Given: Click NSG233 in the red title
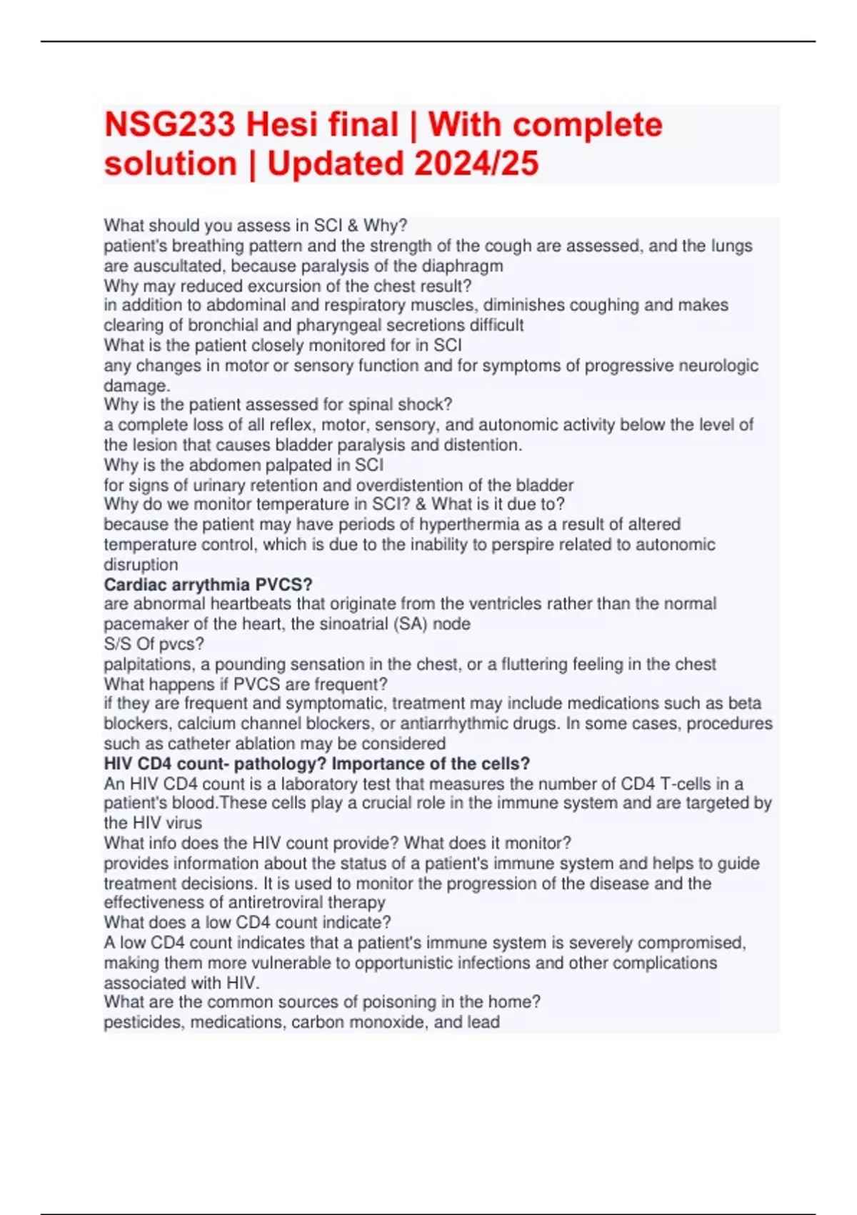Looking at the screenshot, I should point(169,126).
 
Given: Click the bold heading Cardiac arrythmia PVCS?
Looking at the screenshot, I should point(208,585).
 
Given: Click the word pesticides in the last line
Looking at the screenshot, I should point(143,1022).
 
